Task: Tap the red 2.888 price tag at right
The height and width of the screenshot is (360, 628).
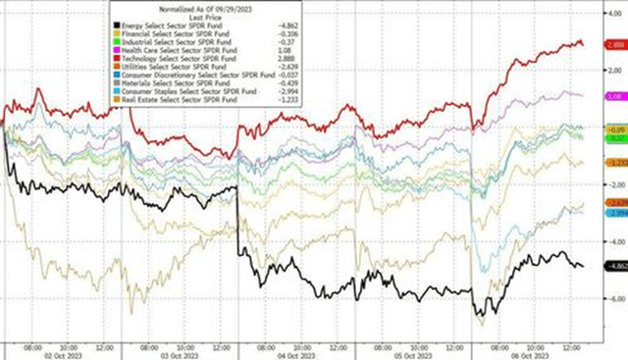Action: [x=615, y=44]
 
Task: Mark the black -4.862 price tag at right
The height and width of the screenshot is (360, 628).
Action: [x=615, y=266]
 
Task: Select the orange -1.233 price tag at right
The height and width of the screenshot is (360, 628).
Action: [x=615, y=163]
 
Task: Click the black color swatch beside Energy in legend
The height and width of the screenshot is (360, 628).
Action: [x=118, y=24]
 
